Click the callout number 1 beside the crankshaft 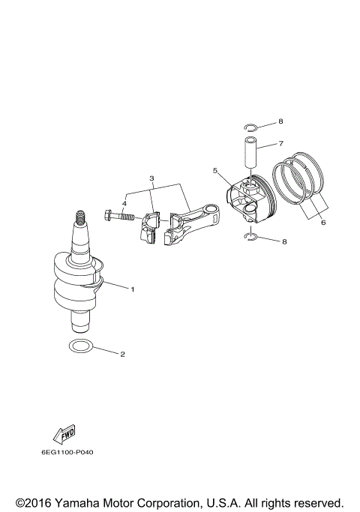coord(133,289)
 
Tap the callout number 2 coord(124,354)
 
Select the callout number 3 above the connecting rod coord(151,179)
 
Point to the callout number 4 coord(124,203)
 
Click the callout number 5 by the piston coord(214,171)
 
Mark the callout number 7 coord(280,142)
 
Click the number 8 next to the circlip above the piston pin coord(280,121)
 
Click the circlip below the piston coord(253,238)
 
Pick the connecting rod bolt coord(120,217)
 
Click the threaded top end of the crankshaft coord(79,220)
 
